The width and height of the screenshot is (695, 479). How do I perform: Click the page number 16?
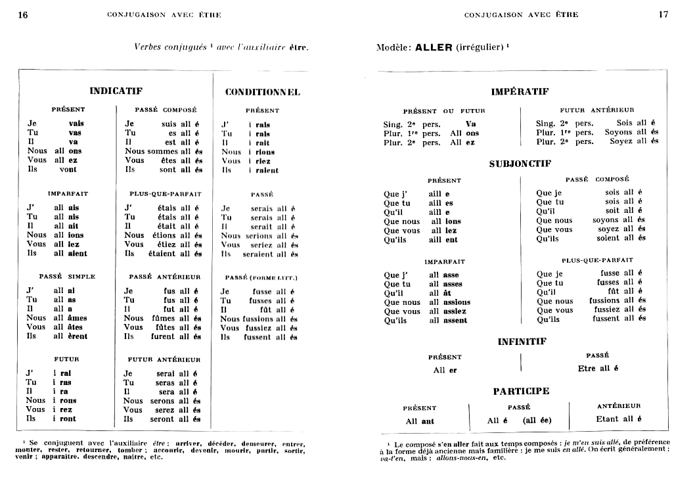[23, 15]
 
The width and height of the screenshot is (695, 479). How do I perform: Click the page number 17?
[663, 14]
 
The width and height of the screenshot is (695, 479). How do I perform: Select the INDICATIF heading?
[116, 91]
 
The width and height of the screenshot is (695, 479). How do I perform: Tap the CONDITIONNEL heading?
[262, 92]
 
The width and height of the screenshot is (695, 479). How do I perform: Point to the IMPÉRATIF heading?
[520, 92]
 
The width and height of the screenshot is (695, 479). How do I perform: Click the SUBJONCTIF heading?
[519, 164]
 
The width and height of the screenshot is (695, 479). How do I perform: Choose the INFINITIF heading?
[522, 342]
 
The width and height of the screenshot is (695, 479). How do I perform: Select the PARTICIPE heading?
[521, 391]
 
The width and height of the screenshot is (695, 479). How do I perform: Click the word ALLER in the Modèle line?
[434, 47]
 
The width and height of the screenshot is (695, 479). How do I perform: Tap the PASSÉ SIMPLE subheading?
[67, 277]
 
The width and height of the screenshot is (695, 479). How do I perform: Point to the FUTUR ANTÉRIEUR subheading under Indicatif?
[164, 359]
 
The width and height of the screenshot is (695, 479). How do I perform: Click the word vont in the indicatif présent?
[68, 170]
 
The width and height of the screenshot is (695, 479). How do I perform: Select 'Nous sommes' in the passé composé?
[151, 151]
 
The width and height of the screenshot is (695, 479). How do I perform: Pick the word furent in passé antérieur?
[164, 336]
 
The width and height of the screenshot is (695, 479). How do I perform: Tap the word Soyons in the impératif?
[619, 132]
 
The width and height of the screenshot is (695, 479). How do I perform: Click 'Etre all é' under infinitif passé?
[598, 369]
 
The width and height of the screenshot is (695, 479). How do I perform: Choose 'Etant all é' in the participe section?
[619, 419]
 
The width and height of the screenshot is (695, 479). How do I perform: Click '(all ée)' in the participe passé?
[537, 421]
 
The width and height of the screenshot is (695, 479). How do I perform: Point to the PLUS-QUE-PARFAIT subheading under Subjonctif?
[597, 260]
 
